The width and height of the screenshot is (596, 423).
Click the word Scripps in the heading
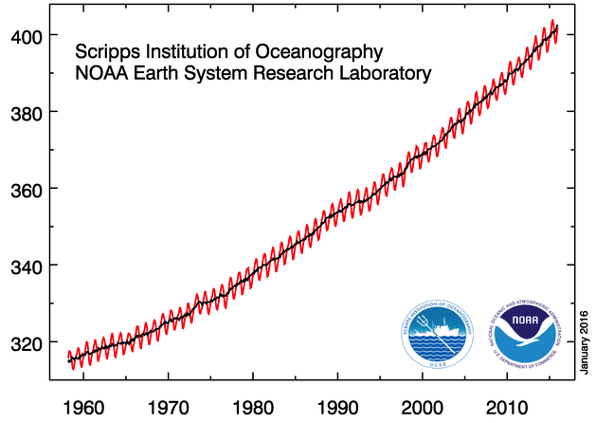[x=105, y=50]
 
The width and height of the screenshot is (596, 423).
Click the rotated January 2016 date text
[x=584, y=338]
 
